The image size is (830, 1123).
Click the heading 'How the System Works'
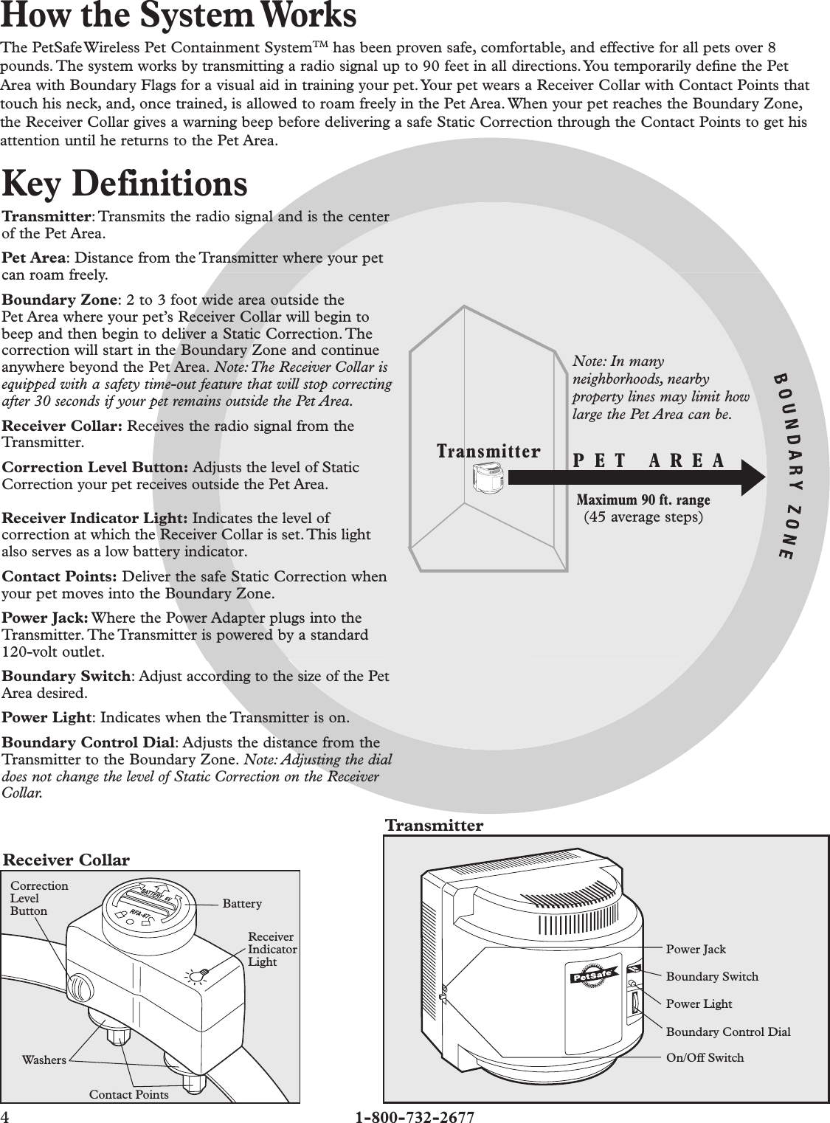(x=179, y=16)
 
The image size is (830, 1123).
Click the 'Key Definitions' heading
(x=125, y=184)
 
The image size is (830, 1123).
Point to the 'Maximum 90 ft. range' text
(x=643, y=500)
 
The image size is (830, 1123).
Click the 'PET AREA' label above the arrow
(x=649, y=460)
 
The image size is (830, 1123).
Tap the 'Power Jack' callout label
(x=696, y=950)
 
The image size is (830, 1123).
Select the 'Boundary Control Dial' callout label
(x=727, y=1032)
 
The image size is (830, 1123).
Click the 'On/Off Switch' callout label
(x=705, y=1057)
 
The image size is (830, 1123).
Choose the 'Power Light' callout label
(x=699, y=1004)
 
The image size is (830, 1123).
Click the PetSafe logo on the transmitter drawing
(x=595, y=978)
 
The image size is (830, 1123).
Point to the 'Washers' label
(x=44, y=1060)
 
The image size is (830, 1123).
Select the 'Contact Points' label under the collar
(x=128, y=1094)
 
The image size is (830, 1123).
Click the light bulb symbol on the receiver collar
(x=196, y=976)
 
